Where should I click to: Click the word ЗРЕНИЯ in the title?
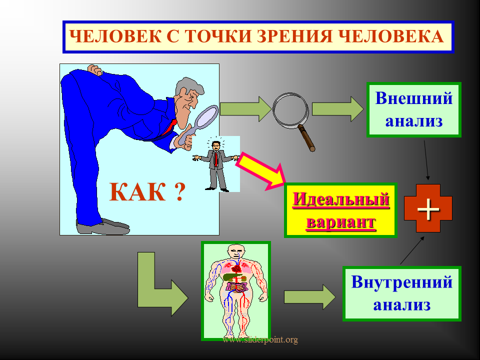294,36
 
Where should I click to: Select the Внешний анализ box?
414,109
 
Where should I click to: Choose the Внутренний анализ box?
401,293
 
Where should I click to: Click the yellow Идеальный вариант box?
340,210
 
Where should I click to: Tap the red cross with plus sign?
428,208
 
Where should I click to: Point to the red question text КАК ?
147,192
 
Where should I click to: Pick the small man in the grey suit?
216,165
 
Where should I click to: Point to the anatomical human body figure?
235,291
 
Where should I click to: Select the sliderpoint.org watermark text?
260,340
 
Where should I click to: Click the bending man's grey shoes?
103,227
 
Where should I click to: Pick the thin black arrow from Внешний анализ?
426,160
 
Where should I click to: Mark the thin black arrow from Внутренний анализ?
412,250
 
